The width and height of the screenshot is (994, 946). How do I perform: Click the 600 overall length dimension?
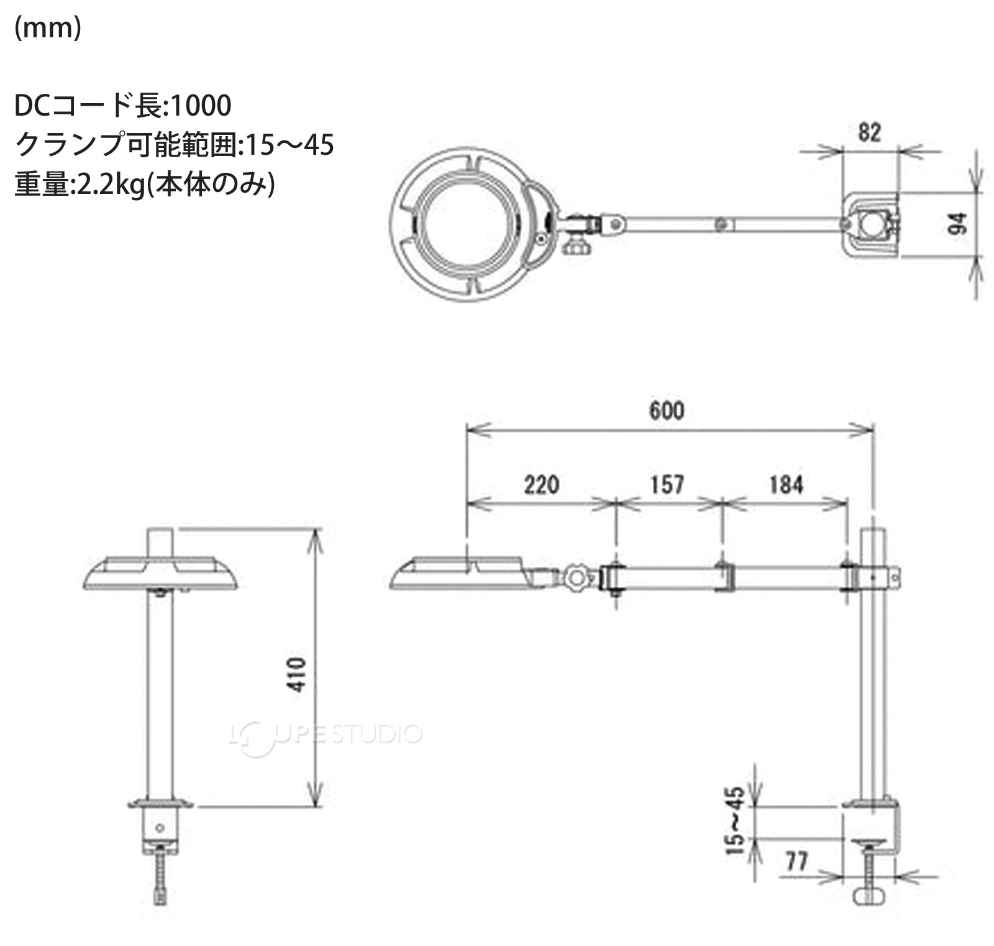(x=667, y=410)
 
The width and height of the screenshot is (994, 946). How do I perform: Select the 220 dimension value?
(x=541, y=484)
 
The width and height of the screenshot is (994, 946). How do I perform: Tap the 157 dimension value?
(x=667, y=484)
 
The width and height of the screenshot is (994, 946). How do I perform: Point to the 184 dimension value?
(x=787, y=484)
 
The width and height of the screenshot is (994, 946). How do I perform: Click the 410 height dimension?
(x=298, y=674)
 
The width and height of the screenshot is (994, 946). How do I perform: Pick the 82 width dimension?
(x=869, y=132)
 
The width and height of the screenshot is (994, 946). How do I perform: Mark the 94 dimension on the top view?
(x=959, y=223)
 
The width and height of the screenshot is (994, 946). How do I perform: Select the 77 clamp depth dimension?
(x=797, y=861)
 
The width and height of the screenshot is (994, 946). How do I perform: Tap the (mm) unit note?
(x=48, y=28)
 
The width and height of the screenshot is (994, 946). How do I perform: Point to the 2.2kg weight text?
(x=108, y=185)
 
